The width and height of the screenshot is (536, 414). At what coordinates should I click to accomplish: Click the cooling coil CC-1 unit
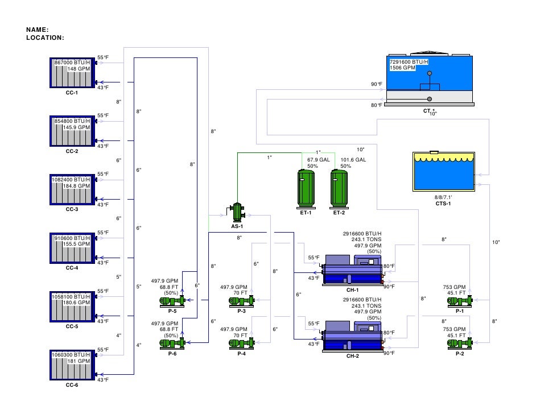point(73,72)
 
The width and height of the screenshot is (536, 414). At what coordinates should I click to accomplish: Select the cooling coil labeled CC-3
point(73,189)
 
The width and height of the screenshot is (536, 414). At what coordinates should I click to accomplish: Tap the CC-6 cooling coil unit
point(73,365)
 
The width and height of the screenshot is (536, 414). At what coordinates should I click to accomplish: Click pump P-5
point(174,300)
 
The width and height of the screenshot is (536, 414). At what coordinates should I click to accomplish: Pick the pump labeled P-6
point(174,342)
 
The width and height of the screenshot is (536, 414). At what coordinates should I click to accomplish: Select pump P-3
point(242,300)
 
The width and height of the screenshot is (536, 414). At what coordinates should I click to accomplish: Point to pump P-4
point(242,342)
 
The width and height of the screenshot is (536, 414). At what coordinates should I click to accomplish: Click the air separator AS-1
point(237,212)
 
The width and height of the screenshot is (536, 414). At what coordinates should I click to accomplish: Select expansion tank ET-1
point(306,188)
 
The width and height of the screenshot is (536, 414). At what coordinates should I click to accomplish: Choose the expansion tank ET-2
point(339,188)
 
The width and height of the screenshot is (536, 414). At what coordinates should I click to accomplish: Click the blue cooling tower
point(429,79)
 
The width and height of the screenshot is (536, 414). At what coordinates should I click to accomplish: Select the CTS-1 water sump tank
point(443,172)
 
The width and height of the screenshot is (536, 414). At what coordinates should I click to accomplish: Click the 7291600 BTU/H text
point(409,61)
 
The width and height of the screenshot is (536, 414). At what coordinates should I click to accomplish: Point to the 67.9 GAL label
point(319,160)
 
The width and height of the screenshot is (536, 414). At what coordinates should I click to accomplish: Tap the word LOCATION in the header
point(45,38)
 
